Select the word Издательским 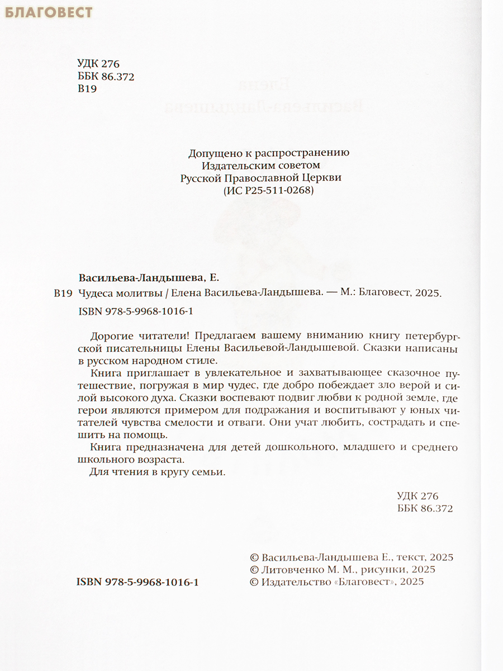(231, 165)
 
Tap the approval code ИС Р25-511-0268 (264, 191)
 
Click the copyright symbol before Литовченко (254, 569)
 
